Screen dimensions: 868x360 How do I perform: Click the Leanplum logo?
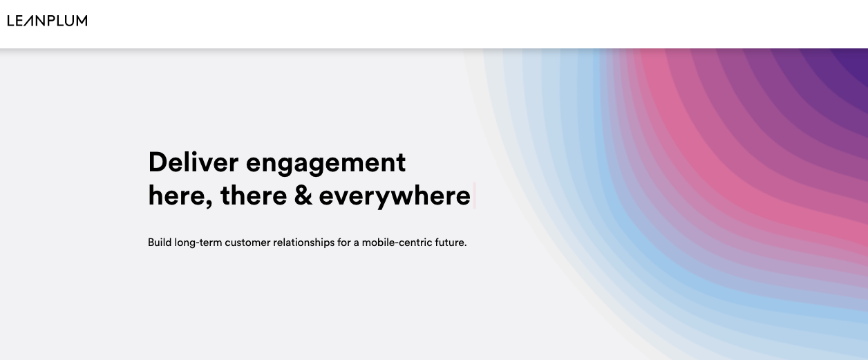[47, 21]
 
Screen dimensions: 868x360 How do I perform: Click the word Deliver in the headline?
[194, 162]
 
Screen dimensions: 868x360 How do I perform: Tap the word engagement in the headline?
[326, 164]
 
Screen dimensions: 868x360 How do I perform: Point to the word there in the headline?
[254, 196]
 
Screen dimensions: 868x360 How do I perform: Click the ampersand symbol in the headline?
[303, 196]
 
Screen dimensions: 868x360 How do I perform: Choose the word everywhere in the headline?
[395, 197]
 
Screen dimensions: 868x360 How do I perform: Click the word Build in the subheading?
[160, 243]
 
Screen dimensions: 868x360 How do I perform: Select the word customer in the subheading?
[247, 243]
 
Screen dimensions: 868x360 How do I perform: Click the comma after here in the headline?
[209, 204]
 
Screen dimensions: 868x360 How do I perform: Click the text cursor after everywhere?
[474, 196]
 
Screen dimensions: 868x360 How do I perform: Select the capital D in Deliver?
[158, 162]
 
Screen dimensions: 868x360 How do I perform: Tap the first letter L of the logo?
[10, 21]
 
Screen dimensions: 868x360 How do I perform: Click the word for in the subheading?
[343, 243]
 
